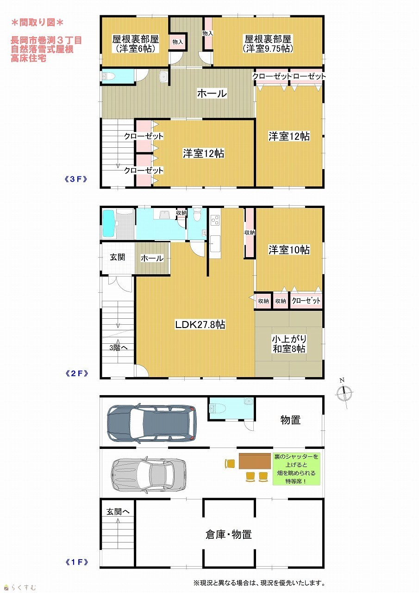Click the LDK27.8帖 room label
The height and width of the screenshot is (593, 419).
tap(200, 325)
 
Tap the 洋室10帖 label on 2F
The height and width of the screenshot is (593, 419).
tap(289, 250)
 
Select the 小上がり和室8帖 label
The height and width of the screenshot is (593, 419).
tap(289, 344)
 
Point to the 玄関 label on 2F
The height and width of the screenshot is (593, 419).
tap(118, 257)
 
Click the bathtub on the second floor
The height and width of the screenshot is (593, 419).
tap(108, 224)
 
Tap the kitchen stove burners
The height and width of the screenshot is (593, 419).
tap(215, 220)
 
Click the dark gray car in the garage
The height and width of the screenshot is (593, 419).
tap(151, 423)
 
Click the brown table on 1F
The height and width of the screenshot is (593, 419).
tap(255, 461)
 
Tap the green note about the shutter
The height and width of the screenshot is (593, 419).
tap(296, 469)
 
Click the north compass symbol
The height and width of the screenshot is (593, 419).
tap(344, 393)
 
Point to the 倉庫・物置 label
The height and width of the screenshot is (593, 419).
tap(229, 535)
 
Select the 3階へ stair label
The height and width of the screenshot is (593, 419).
tap(119, 347)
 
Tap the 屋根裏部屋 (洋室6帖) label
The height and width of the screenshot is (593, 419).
tap(135, 44)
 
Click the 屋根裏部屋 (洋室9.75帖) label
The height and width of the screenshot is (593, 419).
tap(268, 44)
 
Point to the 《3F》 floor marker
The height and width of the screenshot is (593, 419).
tap(76, 179)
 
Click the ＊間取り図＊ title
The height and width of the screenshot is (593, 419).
tap(38, 23)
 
